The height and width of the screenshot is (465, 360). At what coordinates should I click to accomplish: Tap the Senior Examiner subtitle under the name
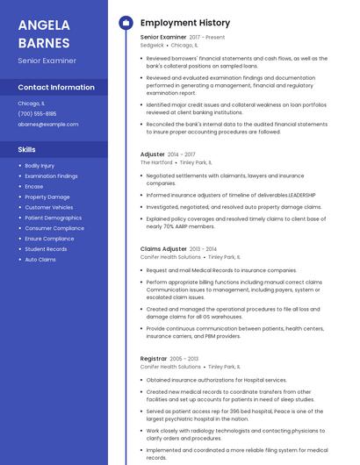47,61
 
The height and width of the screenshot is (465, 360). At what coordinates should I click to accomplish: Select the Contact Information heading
56,87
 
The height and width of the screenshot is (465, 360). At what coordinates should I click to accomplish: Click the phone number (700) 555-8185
37,113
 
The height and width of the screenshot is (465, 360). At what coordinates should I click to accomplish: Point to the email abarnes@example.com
47,124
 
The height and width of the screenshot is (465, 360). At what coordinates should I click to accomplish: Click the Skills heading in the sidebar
26,149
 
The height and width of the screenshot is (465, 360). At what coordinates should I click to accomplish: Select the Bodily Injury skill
40,165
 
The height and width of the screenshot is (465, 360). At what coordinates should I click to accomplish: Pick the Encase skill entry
33,186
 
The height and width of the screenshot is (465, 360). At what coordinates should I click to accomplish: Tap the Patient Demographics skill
53,218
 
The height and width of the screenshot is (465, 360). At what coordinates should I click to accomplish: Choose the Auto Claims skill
40,260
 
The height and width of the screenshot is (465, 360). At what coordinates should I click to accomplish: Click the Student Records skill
46,249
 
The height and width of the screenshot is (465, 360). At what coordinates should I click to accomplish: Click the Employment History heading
184,23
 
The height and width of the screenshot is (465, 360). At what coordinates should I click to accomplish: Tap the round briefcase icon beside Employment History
125,23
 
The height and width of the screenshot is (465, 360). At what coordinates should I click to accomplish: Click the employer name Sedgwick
152,45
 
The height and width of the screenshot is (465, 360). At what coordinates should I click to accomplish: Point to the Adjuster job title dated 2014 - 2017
153,154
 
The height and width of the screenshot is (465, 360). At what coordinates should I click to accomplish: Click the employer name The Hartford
156,162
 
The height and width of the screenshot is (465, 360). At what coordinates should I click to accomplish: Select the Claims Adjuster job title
162,249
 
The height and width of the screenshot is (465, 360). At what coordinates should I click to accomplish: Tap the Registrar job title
154,358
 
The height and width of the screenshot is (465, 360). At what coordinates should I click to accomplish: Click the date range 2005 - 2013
184,359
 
